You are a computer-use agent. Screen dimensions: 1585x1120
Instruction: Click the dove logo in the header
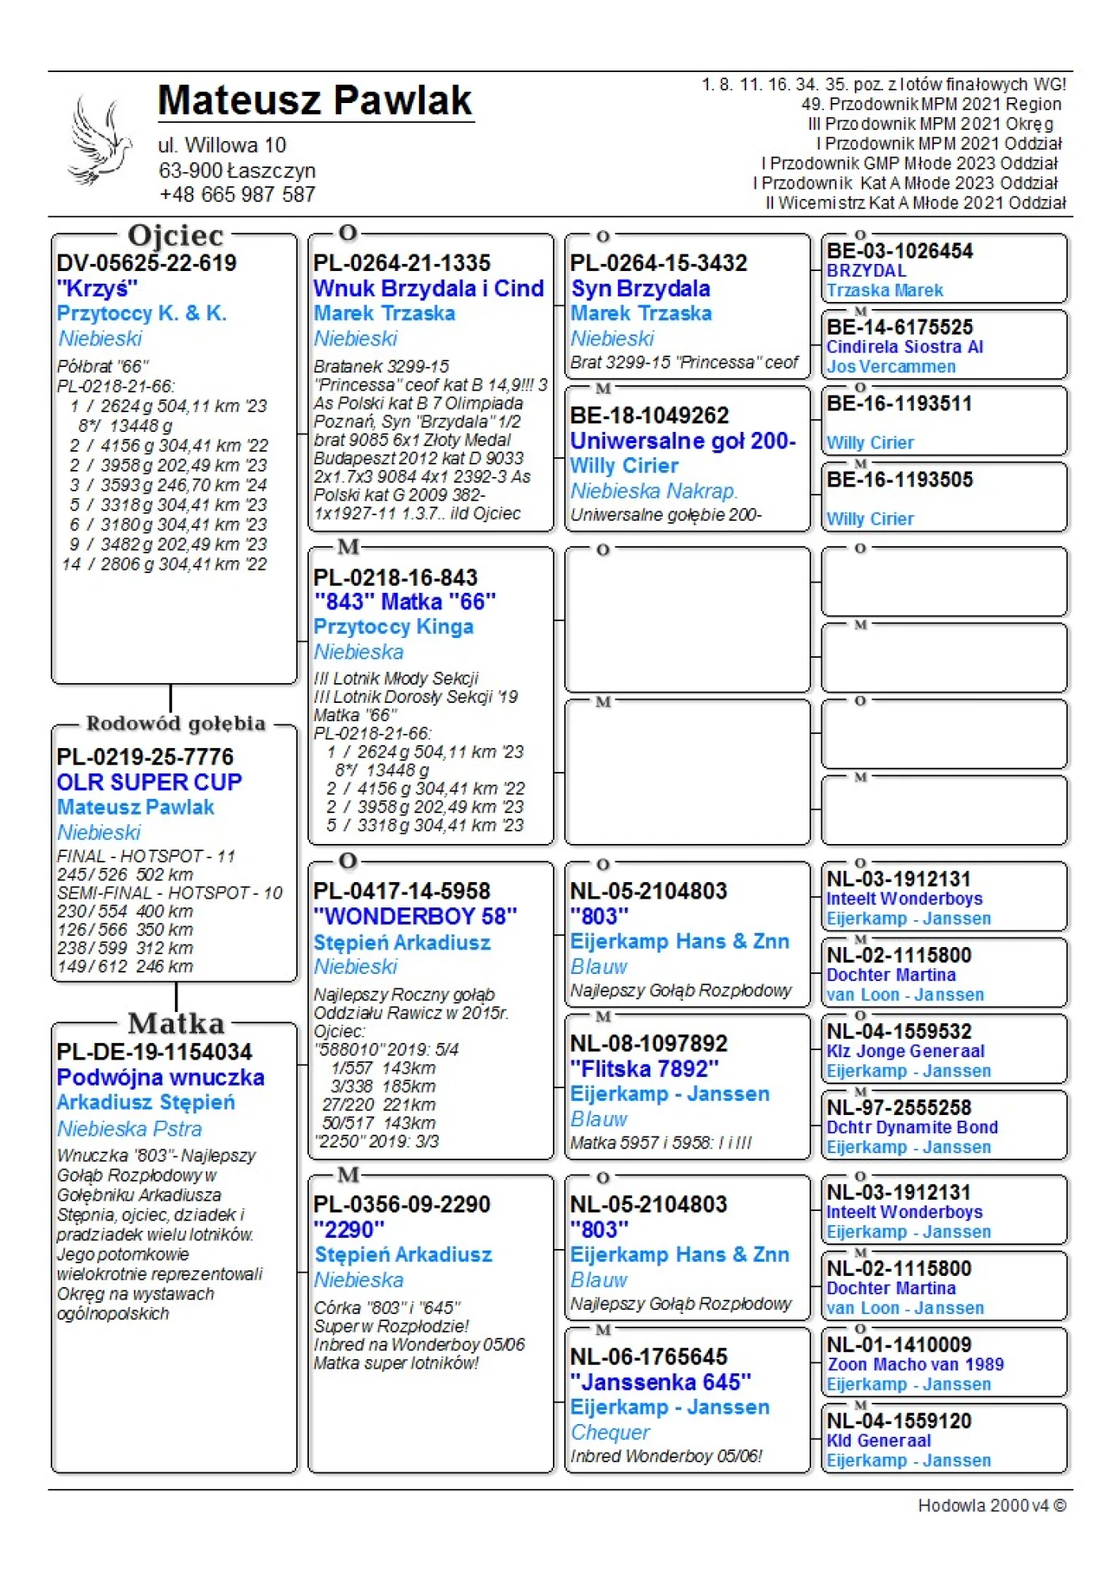tap(99, 141)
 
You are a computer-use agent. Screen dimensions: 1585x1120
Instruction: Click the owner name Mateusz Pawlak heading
tap(314, 101)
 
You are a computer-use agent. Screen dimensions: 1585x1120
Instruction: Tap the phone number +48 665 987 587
tap(237, 195)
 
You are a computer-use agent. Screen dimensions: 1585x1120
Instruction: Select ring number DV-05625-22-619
tap(147, 263)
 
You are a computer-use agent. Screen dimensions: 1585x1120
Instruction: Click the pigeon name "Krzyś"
tap(97, 288)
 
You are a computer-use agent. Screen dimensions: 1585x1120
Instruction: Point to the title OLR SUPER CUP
tap(149, 782)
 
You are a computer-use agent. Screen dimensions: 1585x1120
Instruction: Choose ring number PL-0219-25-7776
tap(145, 757)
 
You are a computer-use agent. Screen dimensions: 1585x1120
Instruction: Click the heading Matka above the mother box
tap(176, 1023)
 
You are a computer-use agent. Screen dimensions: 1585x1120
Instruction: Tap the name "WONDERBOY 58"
tap(415, 917)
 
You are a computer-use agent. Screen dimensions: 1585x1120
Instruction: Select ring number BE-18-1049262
tap(649, 415)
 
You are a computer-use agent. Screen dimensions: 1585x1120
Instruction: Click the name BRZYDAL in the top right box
tap(866, 271)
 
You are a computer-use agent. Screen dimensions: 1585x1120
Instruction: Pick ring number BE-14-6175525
tap(899, 327)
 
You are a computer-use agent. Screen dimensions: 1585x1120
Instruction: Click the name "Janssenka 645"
tap(661, 1382)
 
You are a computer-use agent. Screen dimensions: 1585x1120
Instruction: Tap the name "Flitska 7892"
tap(644, 1069)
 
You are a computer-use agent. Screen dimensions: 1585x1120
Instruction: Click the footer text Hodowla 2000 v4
tap(991, 1505)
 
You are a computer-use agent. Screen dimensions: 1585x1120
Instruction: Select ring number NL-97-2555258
tap(899, 1108)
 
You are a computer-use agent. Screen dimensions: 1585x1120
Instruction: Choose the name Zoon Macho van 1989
tap(915, 1365)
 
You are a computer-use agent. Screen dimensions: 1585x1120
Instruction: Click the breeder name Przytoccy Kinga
tap(394, 627)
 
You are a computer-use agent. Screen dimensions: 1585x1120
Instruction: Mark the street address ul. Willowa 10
tap(222, 146)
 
